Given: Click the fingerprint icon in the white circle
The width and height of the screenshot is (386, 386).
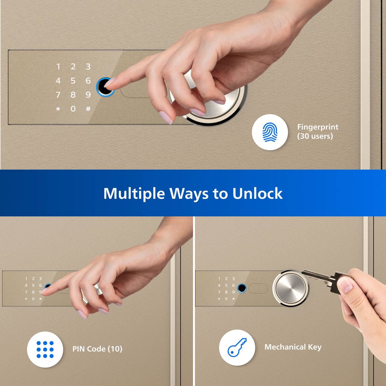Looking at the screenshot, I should (x=270, y=132).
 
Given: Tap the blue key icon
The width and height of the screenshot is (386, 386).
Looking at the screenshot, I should (x=237, y=347).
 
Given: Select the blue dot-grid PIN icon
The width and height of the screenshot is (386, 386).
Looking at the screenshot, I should (x=45, y=349).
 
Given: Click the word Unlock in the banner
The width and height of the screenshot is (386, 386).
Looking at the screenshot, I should (x=257, y=193).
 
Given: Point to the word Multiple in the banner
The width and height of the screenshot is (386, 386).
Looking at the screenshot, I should (x=134, y=193).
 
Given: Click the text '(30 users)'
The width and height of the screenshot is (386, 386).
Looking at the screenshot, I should (x=315, y=136).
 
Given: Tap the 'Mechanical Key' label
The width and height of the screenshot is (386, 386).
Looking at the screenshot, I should (x=293, y=347).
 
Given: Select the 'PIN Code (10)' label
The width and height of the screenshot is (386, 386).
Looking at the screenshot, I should (x=97, y=349).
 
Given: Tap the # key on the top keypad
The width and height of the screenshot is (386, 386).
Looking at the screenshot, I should (x=88, y=109).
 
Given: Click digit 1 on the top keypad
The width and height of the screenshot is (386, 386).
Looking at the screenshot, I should (x=58, y=66).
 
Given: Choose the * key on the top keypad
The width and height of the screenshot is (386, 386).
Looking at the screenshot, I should (x=58, y=109).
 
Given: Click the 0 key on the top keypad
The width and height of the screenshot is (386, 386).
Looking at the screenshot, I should (x=73, y=109).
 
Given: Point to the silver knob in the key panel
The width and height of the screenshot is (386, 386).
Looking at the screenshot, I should (x=290, y=288).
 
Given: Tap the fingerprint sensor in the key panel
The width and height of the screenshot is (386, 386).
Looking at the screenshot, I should (x=242, y=288).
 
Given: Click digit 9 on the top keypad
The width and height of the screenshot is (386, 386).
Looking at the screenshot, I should (x=88, y=95).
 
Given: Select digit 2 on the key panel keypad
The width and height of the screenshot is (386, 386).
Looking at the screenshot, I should (x=226, y=279).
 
